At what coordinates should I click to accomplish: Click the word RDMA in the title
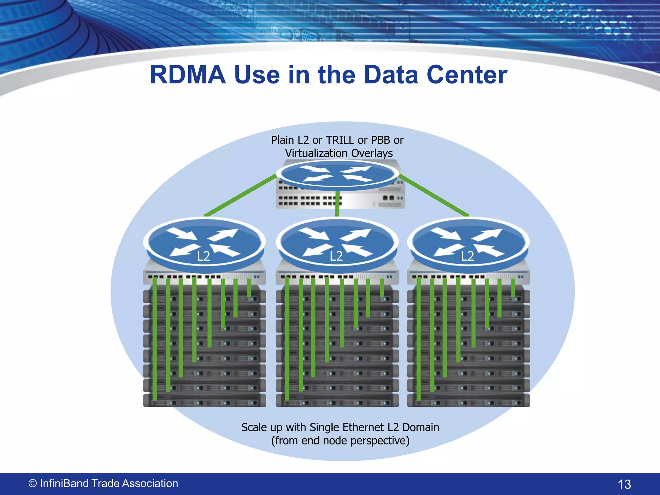tap(188, 75)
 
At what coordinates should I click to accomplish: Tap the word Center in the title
tap(467, 75)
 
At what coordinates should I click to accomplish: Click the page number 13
tap(624, 484)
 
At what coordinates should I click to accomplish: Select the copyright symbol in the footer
tap(33, 483)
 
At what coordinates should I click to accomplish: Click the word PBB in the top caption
tap(380, 140)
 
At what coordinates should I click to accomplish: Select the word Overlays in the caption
tap(372, 153)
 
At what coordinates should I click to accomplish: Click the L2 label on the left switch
tap(203, 256)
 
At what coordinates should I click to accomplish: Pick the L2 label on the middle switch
tap(336, 256)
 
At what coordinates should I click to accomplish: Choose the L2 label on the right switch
tap(468, 256)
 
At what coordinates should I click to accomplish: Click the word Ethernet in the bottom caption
tap(363, 427)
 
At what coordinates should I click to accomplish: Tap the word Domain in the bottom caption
tap(421, 427)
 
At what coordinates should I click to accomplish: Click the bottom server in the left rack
tap(204, 400)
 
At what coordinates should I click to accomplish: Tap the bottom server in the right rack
tap(468, 400)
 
